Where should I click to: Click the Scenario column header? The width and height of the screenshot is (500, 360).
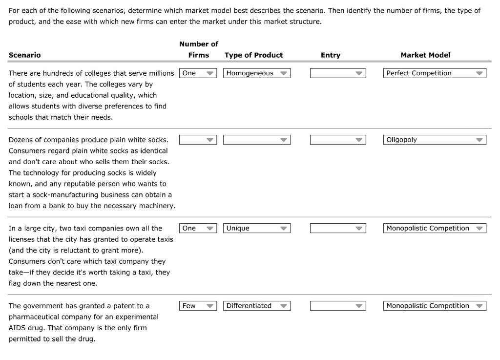pyautogui.click(x=25, y=55)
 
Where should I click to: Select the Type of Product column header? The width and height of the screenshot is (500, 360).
pyautogui.click(x=253, y=55)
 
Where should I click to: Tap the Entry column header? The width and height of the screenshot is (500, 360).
pyautogui.click(x=331, y=55)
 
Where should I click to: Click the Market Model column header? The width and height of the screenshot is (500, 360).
pyautogui.click(x=425, y=55)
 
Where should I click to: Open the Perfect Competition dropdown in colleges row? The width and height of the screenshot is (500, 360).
pyautogui.click(x=435, y=73)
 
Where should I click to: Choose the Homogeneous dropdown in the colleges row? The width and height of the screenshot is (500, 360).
pyautogui.click(x=256, y=73)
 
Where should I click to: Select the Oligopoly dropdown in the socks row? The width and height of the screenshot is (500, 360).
pyautogui.click(x=435, y=140)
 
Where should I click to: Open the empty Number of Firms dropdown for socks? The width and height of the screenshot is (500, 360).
pyautogui.click(x=198, y=140)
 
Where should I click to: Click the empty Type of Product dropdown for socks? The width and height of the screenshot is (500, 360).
pyautogui.click(x=256, y=140)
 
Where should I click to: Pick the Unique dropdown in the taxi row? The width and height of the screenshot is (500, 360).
pyautogui.click(x=256, y=228)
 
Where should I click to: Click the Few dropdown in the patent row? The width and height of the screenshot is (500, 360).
pyautogui.click(x=198, y=306)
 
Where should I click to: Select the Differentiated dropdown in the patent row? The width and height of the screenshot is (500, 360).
pyautogui.click(x=256, y=306)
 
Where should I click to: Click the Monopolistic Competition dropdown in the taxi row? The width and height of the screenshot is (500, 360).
pyautogui.click(x=435, y=228)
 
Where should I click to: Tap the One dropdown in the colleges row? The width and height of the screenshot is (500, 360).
pyautogui.click(x=198, y=73)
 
